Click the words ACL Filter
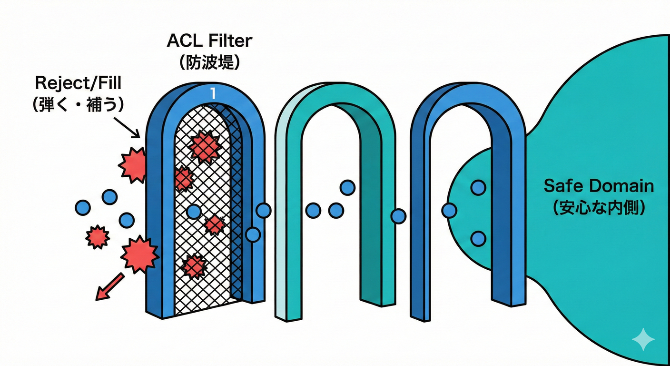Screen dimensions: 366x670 pos(209,41)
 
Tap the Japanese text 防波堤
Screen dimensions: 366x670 pos(209,63)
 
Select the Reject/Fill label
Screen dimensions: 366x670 pos(78,83)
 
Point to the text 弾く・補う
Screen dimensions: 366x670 pos(78,104)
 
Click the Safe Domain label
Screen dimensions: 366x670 pos(599,186)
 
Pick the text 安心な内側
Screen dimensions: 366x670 pos(599,208)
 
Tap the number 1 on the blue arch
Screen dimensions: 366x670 pos(213,94)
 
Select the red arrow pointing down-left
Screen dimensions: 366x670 pos(106,289)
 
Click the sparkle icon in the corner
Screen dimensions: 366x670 pos(643,339)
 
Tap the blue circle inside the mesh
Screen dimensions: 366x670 pos(194,211)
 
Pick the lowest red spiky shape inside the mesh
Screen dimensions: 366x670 pos(195,266)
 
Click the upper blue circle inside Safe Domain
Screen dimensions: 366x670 pos(478,187)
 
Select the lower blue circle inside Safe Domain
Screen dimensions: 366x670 pos(478,238)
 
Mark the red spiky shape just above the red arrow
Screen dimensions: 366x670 pos(139,254)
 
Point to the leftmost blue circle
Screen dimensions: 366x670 pos(83,207)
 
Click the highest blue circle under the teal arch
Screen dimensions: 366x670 pos(347,188)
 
